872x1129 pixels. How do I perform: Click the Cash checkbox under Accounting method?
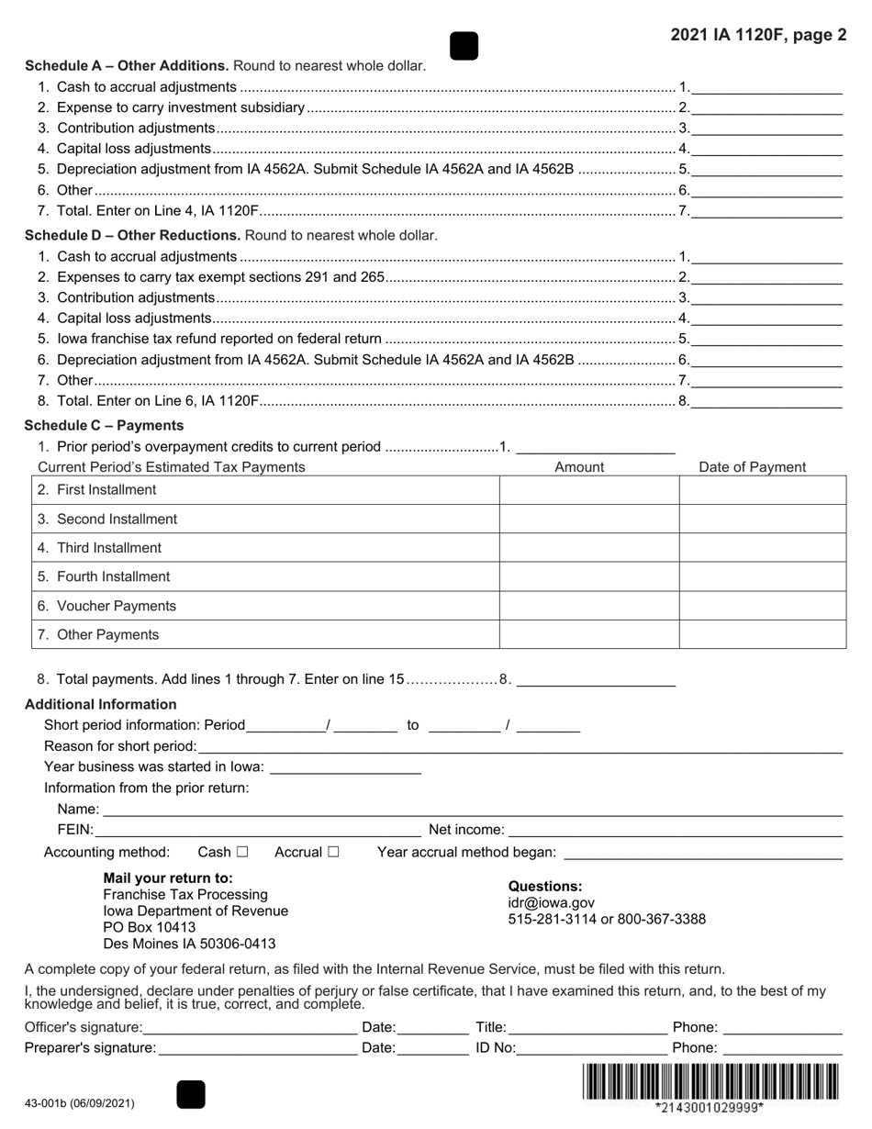tap(242, 852)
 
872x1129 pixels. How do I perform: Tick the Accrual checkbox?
tap(333, 852)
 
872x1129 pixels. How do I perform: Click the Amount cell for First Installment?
tap(588, 490)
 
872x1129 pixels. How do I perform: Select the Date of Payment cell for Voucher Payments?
tap(762, 606)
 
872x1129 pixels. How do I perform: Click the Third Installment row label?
tap(108, 548)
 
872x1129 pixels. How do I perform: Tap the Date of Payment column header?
tap(752, 467)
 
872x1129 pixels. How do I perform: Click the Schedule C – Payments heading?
tap(104, 425)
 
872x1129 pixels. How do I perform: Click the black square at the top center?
tap(464, 46)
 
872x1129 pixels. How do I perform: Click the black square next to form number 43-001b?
tap(190, 1094)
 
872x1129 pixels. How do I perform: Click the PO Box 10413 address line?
tap(149, 927)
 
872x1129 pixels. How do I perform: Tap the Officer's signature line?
tap(250, 1027)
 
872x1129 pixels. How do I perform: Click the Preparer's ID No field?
tap(592, 1047)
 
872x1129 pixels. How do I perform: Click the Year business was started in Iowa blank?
tap(345, 766)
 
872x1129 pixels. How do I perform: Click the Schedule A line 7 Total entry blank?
tap(766, 211)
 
